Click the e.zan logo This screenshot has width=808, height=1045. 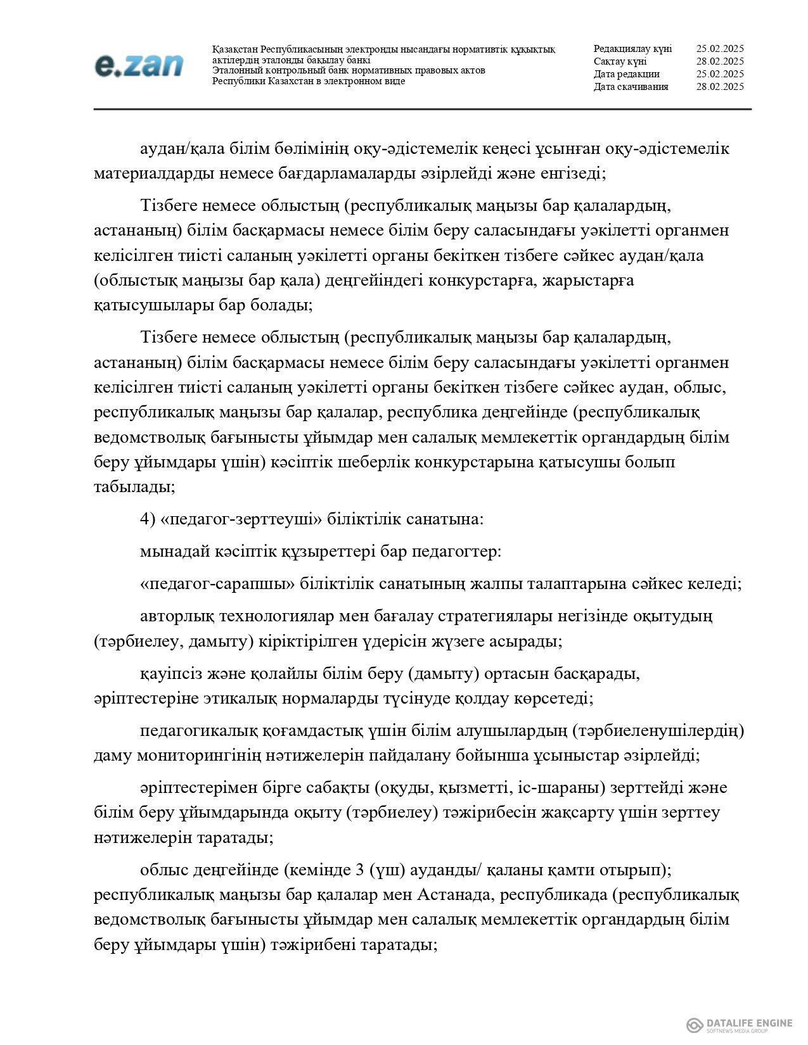tap(139, 66)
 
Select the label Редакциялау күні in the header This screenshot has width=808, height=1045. tap(632, 49)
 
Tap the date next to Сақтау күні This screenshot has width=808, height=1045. tap(719, 61)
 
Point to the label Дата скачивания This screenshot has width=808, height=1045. tap(631, 87)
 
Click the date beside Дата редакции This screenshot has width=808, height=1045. tap(719, 74)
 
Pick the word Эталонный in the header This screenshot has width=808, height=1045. tap(236, 70)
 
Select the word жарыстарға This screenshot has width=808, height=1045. tap(587, 280)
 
